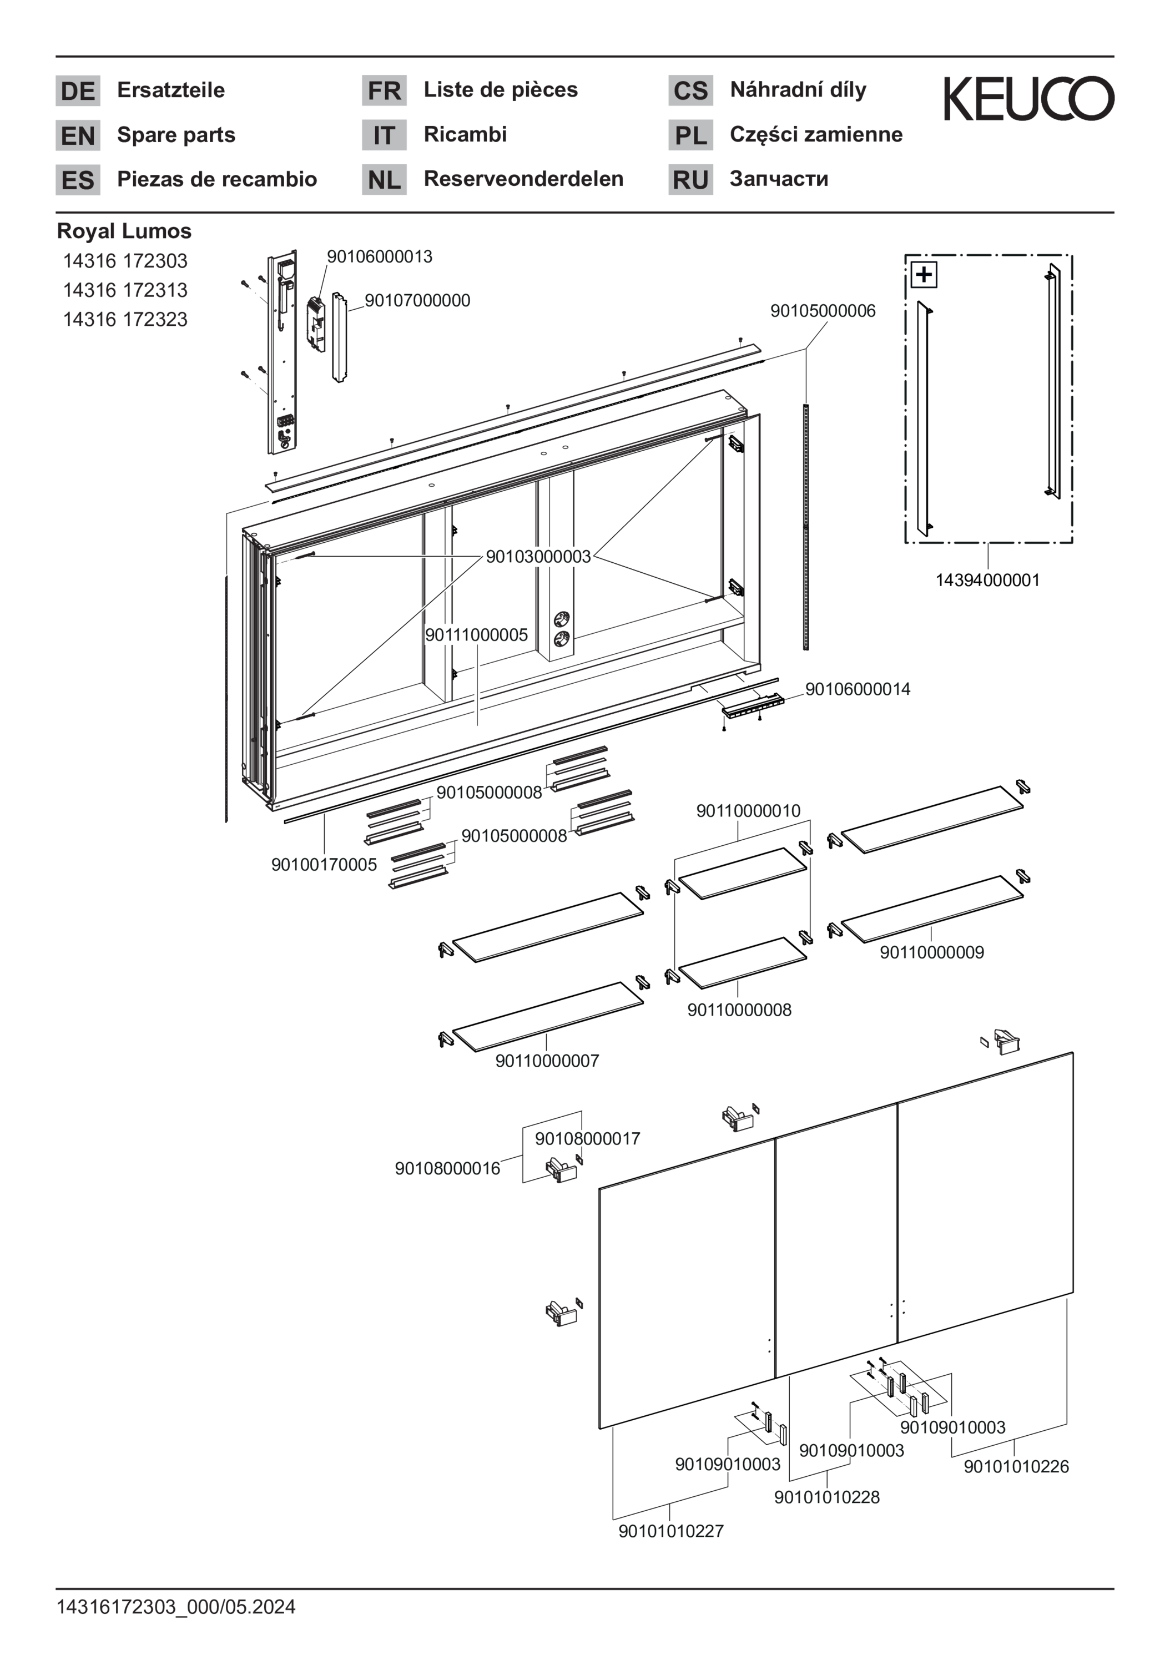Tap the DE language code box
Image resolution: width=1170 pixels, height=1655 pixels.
pos(78,91)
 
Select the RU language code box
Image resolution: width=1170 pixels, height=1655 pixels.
pos(690,179)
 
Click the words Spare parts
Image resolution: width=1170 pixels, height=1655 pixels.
pos(176,135)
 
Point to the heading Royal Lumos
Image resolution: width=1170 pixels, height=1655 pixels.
pos(124,231)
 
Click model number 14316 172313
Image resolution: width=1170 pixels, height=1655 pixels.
pos(125,290)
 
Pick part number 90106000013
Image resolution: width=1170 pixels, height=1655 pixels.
pos(379,256)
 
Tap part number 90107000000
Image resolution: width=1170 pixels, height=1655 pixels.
pos(417,301)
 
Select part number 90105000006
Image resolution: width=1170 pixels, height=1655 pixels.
pos(823,311)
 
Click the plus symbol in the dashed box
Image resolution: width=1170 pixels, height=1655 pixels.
pos(924,275)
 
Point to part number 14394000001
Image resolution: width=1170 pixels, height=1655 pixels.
pos(987,581)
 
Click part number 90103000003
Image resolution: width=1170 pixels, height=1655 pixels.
pos(538,557)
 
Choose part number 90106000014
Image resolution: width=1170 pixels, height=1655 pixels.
pos(857,689)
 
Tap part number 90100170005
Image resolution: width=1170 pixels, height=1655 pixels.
pos(324,864)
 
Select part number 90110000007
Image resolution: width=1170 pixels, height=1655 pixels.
pos(547,1061)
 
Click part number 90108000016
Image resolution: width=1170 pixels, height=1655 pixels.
pos(447,1168)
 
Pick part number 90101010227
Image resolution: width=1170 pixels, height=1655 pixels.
pos(670,1531)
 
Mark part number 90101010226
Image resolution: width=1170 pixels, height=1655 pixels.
pos(1016,1466)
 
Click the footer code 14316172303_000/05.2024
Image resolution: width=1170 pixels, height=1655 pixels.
pos(176,1607)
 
